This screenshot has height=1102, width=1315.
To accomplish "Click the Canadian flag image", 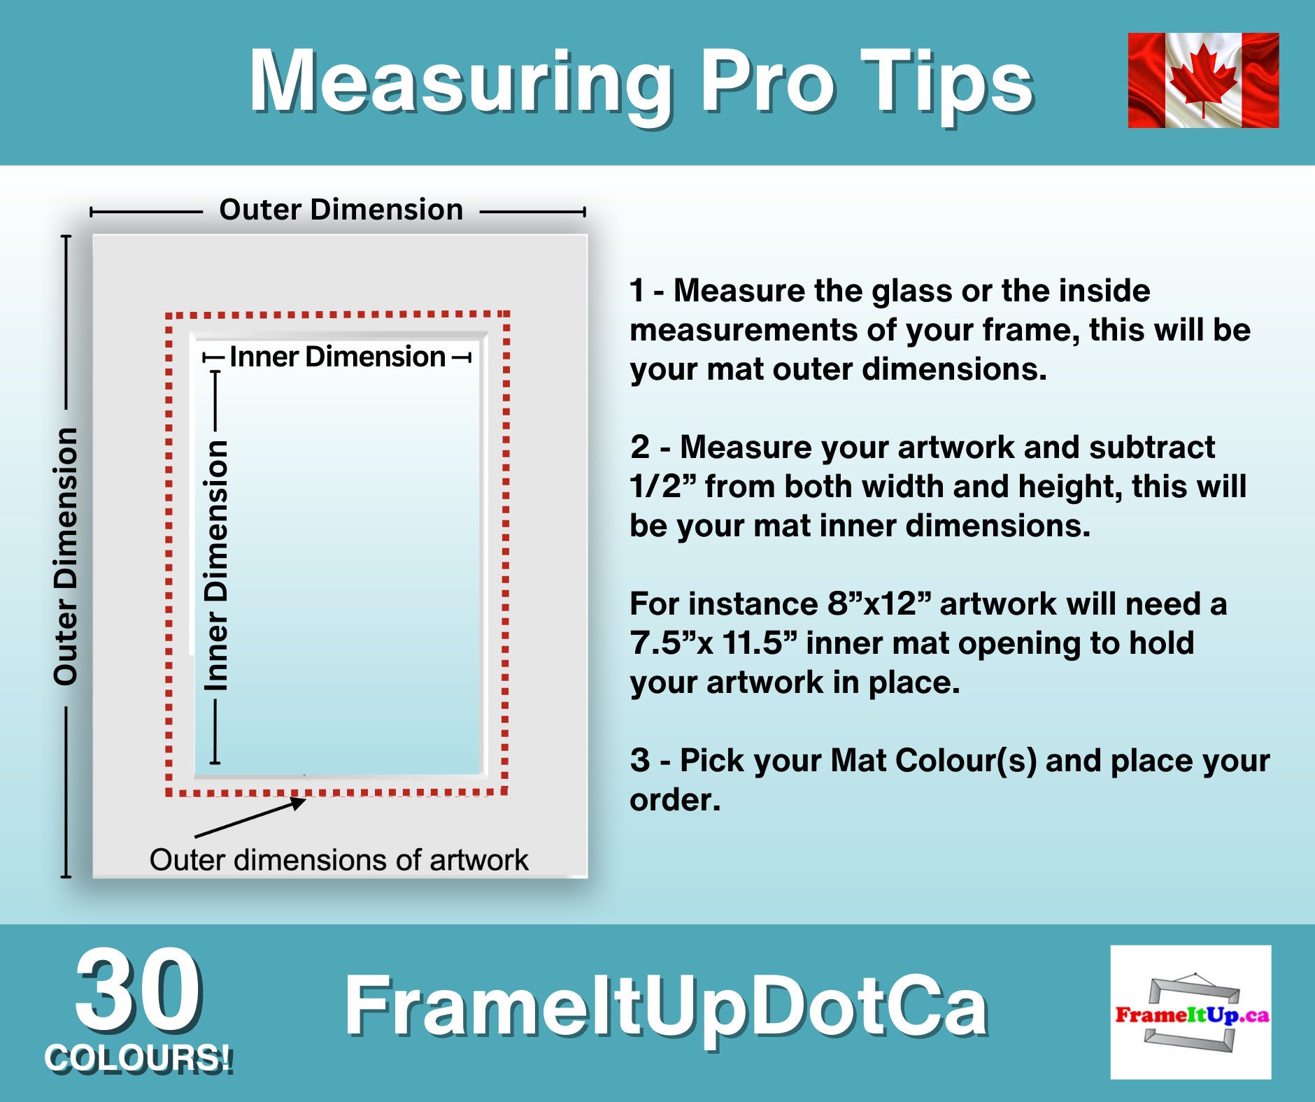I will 1203,80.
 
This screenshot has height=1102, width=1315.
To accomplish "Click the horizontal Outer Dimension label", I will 341,210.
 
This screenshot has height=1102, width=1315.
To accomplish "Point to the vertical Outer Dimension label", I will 66,556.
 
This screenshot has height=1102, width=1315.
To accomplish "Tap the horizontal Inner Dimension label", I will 337,357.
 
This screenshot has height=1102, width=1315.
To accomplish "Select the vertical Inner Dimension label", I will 216,565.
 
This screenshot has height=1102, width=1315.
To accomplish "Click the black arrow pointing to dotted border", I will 250,819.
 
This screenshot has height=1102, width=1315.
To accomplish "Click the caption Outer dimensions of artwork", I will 339,860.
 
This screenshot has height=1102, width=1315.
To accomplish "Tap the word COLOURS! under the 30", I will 138,1058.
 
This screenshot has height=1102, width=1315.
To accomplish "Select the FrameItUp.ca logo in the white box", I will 1190,1012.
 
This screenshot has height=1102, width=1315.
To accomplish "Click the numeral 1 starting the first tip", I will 637,291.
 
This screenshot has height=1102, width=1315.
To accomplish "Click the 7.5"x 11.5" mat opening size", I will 713,643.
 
